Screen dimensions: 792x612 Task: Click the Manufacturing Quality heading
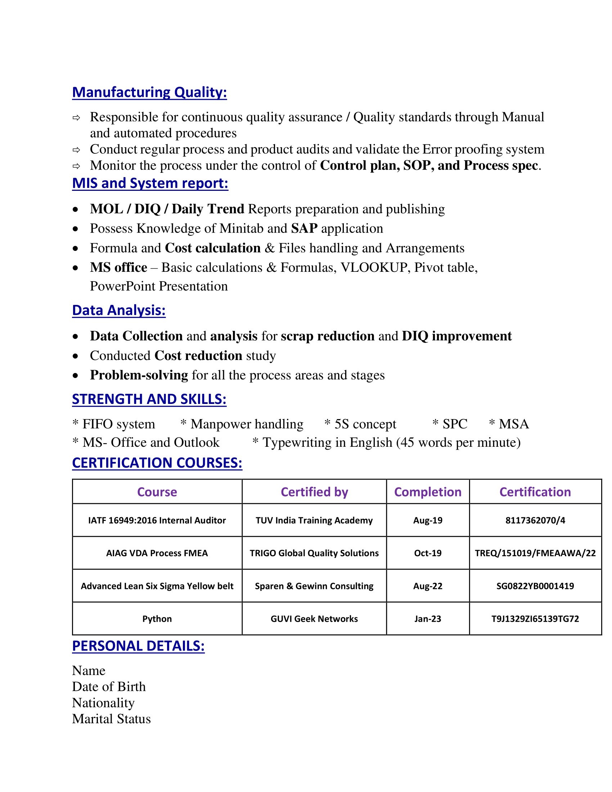[149, 92]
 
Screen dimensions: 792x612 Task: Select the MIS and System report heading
[150, 183]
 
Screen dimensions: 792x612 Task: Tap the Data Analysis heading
[119, 310]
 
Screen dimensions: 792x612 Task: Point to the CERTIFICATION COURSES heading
[157, 463]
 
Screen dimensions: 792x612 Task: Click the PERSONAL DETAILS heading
[138, 646]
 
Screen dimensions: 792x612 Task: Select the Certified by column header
[314, 492]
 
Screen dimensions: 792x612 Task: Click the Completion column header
[427, 492]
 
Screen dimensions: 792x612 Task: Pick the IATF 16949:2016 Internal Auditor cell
[157, 521]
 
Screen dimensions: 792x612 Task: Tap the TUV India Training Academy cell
[314, 521]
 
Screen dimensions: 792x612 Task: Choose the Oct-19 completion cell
[427, 553]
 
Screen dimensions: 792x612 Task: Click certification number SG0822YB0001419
[535, 586]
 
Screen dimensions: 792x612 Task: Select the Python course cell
[157, 618]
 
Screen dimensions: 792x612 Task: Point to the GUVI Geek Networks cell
[314, 618]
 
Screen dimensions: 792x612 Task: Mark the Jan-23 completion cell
[427, 618]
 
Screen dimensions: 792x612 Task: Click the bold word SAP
[304, 229]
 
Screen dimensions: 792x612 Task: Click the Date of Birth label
[109, 687]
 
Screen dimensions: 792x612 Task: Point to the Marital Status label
[111, 719]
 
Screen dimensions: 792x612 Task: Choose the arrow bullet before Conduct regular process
[76, 150]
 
